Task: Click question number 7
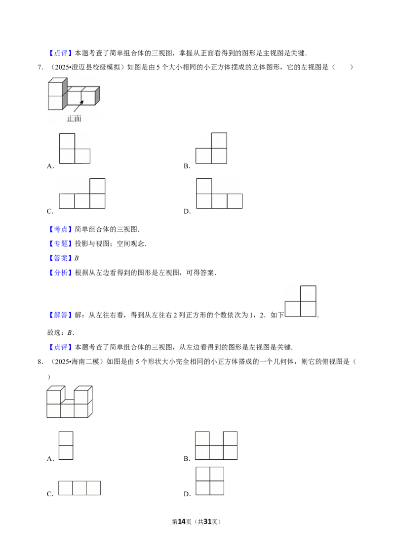tap(40, 67)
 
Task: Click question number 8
tap(40, 361)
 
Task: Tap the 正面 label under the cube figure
tap(74, 119)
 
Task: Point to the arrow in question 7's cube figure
tap(79, 106)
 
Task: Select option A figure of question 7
tap(75, 148)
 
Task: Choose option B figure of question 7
tap(211, 148)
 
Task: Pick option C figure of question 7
tap(82, 194)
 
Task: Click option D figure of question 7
tap(219, 194)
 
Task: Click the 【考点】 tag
tap(60, 229)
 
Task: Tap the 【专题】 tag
tap(60, 244)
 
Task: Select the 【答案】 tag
tap(60, 258)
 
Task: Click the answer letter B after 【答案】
tap(77, 258)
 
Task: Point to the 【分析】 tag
tap(60, 273)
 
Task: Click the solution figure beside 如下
tap(301, 301)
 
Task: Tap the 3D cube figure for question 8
tap(70, 401)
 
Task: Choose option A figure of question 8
tap(66, 445)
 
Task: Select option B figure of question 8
tap(216, 445)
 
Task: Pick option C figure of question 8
tap(79, 488)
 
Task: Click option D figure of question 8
tap(210, 481)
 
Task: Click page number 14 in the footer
tap(182, 521)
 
